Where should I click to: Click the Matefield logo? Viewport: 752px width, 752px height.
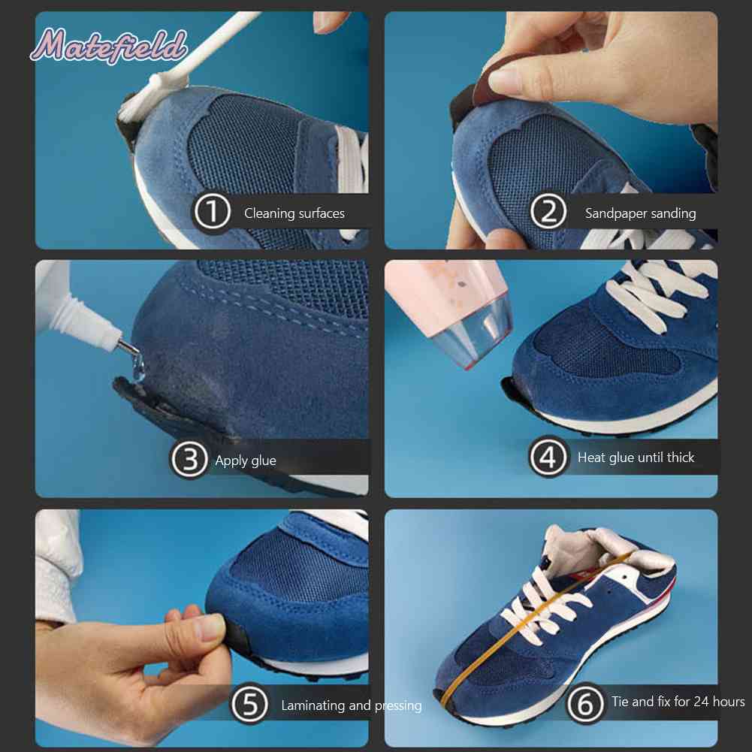pyautogui.click(x=108, y=46)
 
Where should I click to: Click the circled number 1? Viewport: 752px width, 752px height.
pyautogui.click(x=212, y=213)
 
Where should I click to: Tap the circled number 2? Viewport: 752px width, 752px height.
pyautogui.click(x=548, y=212)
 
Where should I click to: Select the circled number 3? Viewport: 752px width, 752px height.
pyautogui.click(x=189, y=460)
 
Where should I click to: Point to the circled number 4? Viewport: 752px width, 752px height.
pyautogui.click(x=548, y=457)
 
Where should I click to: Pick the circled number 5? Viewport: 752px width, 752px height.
pyautogui.click(x=249, y=705)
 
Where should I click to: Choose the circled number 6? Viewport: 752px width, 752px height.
pyautogui.click(x=585, y=704)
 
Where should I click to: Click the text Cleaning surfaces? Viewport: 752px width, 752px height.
pyautogui.click(x=294, y=213)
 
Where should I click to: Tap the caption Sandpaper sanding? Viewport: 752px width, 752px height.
pyautogui.click(x=640, y=213)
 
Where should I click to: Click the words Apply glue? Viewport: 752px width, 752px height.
pyautogui.click(x=246, y=461)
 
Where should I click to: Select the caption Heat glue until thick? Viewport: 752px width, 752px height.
pyautogui.click(x=636, y=458)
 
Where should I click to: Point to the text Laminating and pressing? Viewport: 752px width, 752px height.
pyautogui.click(x=352, y=705)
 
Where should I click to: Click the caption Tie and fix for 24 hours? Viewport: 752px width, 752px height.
pyautogui.click(x=678, y=702)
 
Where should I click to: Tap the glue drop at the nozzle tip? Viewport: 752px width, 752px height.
pyautogui.click(x=138, y=368)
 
